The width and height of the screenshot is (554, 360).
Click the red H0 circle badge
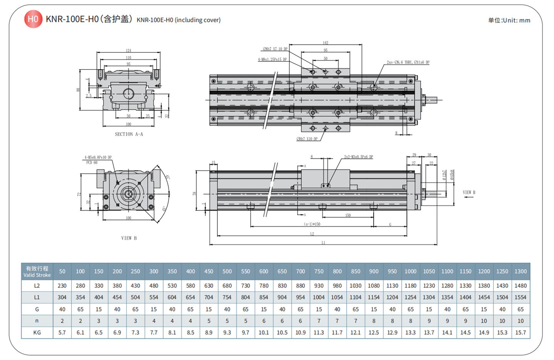[x=33, y=19]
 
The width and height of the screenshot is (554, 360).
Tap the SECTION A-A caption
[x=129, y=134]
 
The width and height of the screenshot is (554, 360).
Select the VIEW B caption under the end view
[x=129, y=238]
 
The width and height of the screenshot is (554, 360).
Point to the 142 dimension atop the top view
[x=325, y=43]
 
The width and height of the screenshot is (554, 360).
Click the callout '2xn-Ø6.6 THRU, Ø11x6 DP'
[x=408, y=62]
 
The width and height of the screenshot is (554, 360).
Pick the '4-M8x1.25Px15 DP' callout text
[x=272, y=60]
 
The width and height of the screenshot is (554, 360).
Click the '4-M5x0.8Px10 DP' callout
[x=98, y=157]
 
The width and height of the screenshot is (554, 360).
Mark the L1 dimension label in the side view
[x=323, y=243]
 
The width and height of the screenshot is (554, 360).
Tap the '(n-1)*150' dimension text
[x=312, y=224]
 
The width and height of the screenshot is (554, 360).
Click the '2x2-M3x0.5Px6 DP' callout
[x=358, y=157]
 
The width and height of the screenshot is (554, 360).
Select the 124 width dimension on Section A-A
[x=128, y=50]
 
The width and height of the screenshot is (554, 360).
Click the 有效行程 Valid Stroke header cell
[x=37, y=272]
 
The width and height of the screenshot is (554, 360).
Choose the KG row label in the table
[x=37, y=332]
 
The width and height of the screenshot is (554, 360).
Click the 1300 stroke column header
[x=521, y=272]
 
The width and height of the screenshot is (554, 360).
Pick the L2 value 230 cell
[x=62, y=286]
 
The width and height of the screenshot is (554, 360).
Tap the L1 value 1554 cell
[x=521, y=297]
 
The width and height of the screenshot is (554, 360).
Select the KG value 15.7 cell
[x=521, y=332]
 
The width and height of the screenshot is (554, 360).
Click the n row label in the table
[x=37, y=321]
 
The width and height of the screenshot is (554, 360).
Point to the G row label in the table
[x=37, y=309]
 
